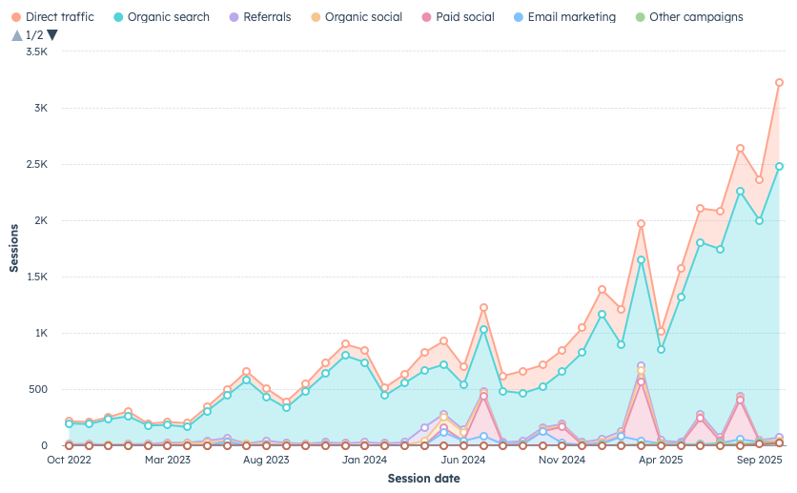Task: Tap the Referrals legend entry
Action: [x=260, y=17]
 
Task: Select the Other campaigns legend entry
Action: [x=688, y=17]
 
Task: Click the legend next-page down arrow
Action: [x=52, y=35]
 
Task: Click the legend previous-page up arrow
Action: [x=16, y=35]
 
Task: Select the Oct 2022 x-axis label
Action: [x=69, y=460]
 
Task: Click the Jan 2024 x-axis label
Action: [x=365, y=460]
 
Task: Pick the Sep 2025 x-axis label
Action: [x=760, y=460]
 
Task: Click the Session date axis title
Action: [x=423, y=478]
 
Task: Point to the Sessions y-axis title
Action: [x=14, y=248]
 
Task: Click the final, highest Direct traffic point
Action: [x=779, y=83]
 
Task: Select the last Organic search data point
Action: [x=779, y=166]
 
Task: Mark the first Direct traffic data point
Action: [x=69, y=421]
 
